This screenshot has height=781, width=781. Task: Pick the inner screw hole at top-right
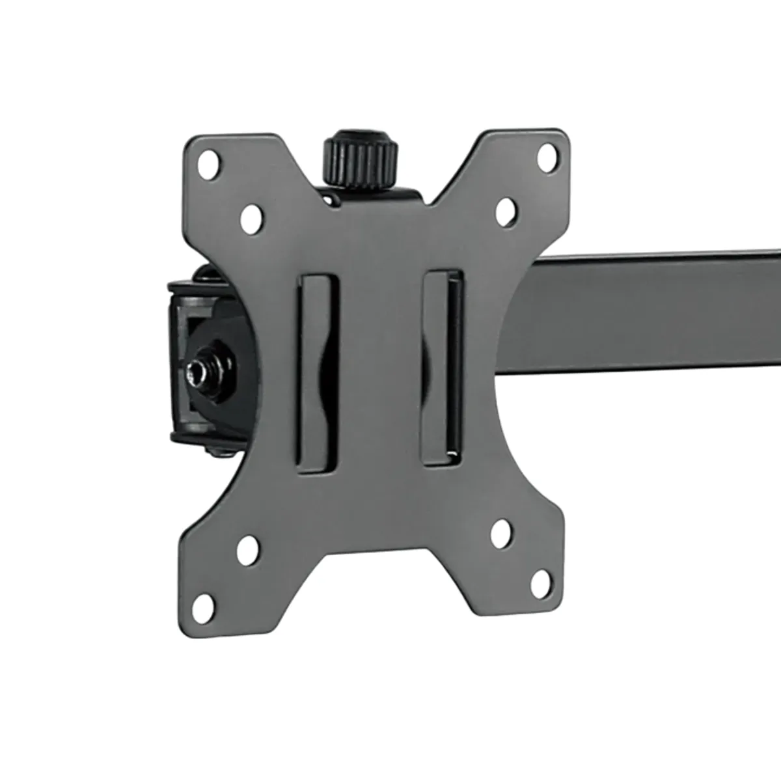tap(507, 212)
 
